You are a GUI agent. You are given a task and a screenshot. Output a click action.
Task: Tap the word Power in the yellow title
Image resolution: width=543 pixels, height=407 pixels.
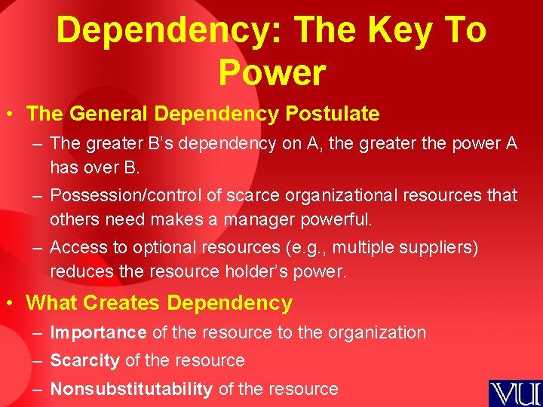[272, 72]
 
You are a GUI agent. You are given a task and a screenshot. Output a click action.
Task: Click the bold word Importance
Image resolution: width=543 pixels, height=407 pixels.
[98, 332]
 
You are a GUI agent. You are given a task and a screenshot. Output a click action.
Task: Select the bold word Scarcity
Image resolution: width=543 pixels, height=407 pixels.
[84, 361]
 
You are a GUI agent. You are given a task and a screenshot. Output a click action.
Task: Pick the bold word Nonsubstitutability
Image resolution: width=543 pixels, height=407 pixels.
[130, 389]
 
